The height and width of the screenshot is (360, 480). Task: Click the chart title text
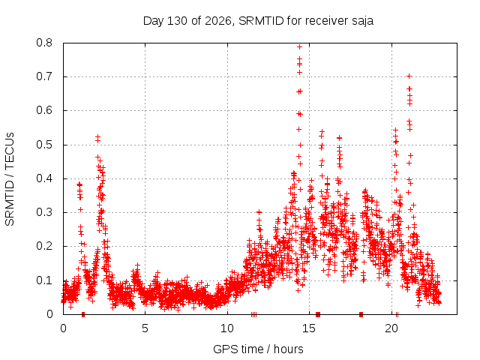tap(258, 21)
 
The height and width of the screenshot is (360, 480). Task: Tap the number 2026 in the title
tap(218, 21)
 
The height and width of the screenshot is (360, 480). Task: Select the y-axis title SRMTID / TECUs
tap(10, 179)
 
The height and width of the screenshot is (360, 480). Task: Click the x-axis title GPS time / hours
tap(258, 349)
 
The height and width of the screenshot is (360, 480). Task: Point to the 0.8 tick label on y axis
tap(44, 43)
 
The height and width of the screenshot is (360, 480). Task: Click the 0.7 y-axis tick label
tap(44, 76)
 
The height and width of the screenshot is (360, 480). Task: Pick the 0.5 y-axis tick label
tap(44, 145)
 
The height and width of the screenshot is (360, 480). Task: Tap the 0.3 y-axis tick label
tap(44, 212)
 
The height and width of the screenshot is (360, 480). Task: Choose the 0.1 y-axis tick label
tap(44, 280)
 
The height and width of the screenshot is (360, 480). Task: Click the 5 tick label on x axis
tap(145, 328)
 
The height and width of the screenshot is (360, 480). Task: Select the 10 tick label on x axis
tap(227, 328)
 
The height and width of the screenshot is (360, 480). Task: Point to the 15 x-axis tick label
tap(309, 328)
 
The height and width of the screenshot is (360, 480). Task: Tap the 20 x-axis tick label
tap(391, 328)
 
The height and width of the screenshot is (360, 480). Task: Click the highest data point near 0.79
tap(300, 46)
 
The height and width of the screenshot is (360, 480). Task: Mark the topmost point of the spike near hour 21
tap(409, 76)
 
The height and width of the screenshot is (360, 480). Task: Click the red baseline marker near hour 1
tap(83, 314)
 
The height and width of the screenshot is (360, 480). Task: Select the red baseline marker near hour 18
tap(361, 314)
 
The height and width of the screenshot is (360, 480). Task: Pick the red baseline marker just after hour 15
tap(318, 314)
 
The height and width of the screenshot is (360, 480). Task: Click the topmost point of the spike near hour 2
tap(98, 136)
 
